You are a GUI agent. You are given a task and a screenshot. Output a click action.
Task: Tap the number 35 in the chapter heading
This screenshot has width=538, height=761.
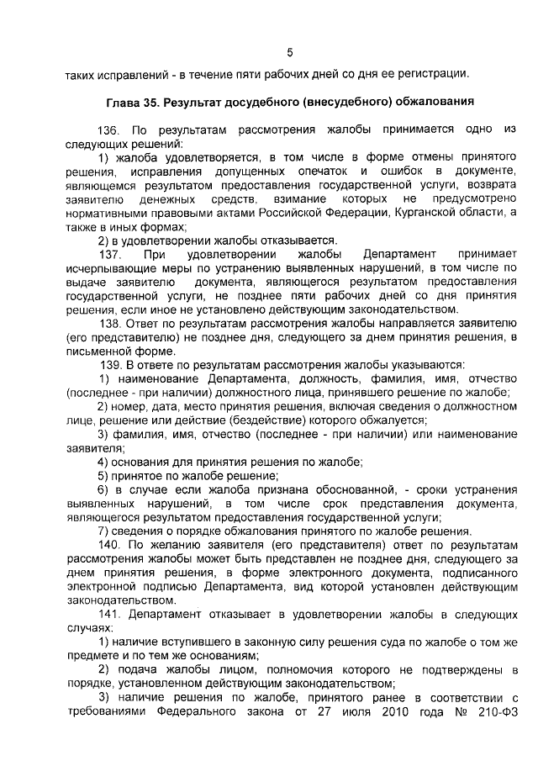(157, 102)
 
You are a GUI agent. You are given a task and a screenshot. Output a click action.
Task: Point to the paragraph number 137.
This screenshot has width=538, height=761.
(110, 254)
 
